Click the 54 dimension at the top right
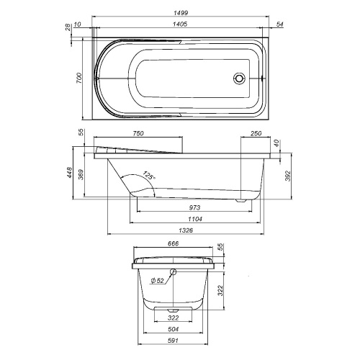pyautogui.click(x=279, y=25)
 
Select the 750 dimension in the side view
pyautogui.click(x=141, y=133)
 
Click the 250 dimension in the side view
pyautogui.click(x=256, y=133)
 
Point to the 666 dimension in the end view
pyautogui.click(x=173, y=244)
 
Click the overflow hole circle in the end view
pyautogui.click(x=174, y=272)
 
